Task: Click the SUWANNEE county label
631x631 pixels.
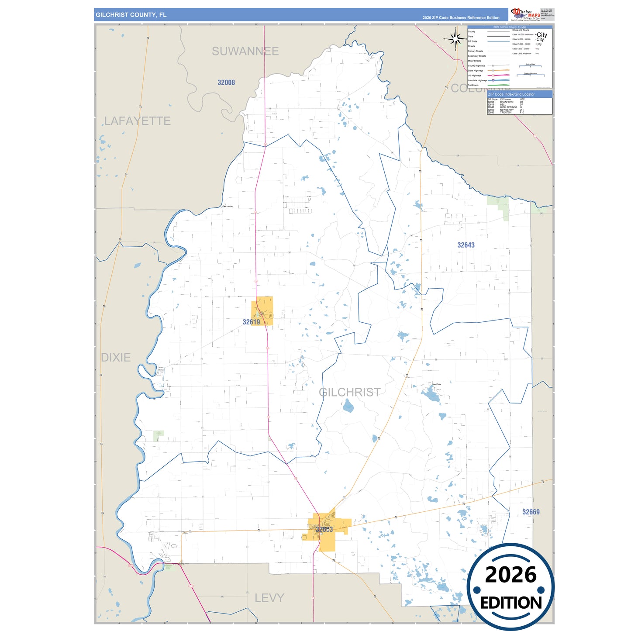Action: tap(245, 52)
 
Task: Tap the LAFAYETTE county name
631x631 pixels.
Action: tap(137, 121)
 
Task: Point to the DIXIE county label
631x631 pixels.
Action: tap(116, 358)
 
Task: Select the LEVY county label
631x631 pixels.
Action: tap(269, 598)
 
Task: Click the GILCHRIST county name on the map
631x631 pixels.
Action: tap(349, 392)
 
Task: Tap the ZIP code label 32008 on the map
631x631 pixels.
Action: tap(226, 83)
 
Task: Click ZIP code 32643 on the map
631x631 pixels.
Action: tap(466, 245)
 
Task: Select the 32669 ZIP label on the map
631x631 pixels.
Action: tap(531, 512)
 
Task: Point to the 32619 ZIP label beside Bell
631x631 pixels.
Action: tap(251, 322)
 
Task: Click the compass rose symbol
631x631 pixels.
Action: tap(455, 39)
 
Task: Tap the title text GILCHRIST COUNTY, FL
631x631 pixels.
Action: tap(131, 15)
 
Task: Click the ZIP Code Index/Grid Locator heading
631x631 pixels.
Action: tap(511, 94)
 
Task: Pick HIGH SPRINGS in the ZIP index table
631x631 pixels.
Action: tap(508, 107)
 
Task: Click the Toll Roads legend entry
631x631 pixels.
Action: tap(473, 85)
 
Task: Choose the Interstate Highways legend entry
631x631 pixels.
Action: tap(477, 80)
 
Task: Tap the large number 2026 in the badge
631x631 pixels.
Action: tap(510, 575)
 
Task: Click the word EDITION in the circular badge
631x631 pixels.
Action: tap(510, 603)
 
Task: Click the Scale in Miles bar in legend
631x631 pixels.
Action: tap(531, 66)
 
